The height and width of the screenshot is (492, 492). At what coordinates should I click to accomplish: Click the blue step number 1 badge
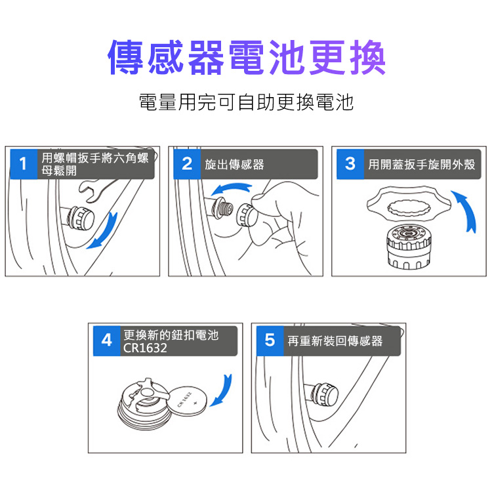click(24, 164)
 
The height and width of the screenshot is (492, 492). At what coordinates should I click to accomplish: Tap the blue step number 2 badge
click(187, 164)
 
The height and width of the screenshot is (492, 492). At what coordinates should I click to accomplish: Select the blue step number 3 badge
click(350, 164)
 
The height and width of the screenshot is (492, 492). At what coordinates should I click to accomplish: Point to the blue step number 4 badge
click(107, 340)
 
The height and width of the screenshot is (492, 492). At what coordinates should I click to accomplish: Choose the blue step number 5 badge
click(270, 340)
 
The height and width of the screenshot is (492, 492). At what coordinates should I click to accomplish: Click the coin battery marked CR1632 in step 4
click(188, 401)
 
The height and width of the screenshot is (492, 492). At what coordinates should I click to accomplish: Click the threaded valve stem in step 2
click(224, 209)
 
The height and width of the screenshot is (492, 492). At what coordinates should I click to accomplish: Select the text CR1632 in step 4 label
click(145, 348)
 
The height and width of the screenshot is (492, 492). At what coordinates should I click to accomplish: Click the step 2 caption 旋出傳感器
click(234, 165)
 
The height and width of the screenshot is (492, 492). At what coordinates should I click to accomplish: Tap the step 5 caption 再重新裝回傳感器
click(335, 341)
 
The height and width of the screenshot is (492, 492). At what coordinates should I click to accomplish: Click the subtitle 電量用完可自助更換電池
click(246, 102)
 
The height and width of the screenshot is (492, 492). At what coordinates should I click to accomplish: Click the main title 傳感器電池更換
click(246, 57)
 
